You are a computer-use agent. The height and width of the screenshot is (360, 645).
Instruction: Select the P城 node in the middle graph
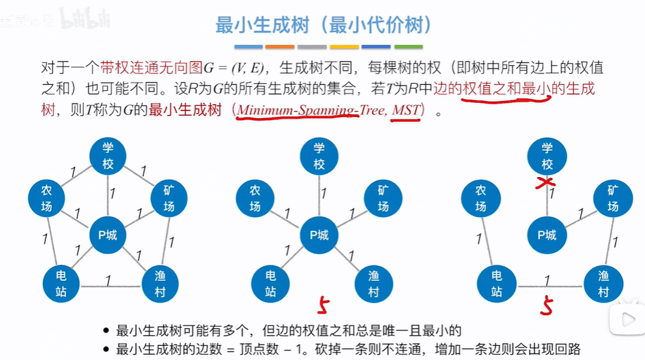[319, 235]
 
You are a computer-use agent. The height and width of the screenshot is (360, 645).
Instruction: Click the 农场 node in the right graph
[481, 198]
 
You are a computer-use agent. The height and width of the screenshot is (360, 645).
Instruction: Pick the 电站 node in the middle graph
[270, 284]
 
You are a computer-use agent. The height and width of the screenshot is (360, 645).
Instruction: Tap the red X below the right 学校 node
[546, 184]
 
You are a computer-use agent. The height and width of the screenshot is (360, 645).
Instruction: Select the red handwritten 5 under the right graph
[546, 305]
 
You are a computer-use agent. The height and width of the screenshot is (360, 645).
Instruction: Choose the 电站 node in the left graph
[61, 284]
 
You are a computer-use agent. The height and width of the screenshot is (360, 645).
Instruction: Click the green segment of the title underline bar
[408, 47]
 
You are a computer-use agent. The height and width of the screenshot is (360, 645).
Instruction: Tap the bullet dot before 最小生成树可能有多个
[106, 331]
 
